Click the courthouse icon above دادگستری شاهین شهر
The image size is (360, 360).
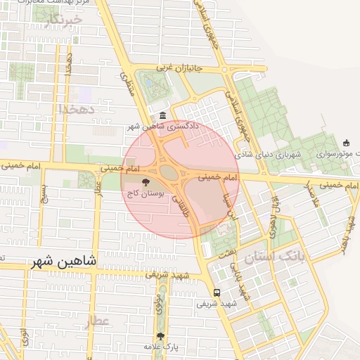click(163, 115)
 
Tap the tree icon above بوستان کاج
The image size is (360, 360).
click(146, 182)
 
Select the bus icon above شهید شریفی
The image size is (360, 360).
click(217, 292)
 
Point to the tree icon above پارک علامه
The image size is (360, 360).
click(161, 337)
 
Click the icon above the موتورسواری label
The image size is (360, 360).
click(346, 143)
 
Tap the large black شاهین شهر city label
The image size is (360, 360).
click(64, 262)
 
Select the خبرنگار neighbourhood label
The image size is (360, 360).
click(63, 20)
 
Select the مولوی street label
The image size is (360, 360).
click(159, 303)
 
